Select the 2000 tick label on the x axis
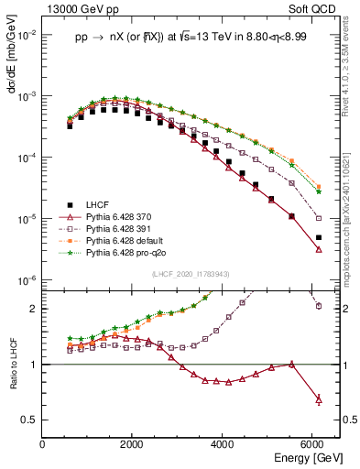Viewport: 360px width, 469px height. click(133, 445)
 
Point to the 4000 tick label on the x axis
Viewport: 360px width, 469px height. click(224, 445)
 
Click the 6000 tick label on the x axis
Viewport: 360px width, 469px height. click(313, 445)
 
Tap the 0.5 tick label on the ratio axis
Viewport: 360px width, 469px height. click(31, 420)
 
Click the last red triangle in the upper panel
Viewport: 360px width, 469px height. click(318, 249)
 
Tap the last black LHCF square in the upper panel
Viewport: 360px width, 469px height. click(318, 237)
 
